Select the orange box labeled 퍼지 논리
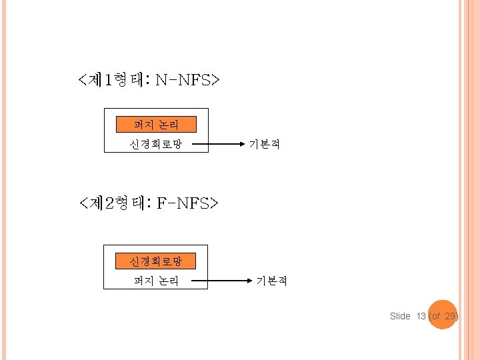tap(156, 125)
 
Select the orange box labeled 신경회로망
tap(155, 261)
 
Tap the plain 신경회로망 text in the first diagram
tap(156, 144)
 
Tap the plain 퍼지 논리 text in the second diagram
tap(156, 281)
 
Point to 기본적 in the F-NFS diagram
tap(272, 281)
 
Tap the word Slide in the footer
tap(400, 316)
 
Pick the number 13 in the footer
tap(421, 316)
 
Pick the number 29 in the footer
tap(450, 316)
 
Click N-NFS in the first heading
tap(187, 81)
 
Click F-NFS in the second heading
tap(187, 202)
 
